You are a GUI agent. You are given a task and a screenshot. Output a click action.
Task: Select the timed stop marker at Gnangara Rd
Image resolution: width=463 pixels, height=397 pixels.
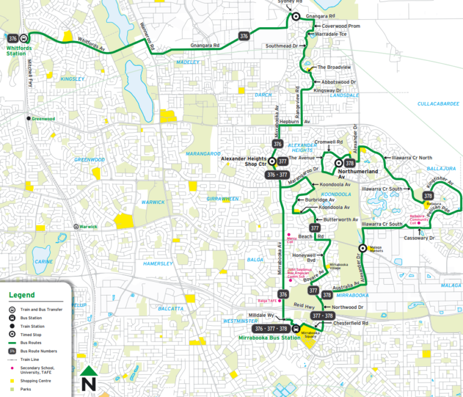pyautogui.click(x=296, y=17)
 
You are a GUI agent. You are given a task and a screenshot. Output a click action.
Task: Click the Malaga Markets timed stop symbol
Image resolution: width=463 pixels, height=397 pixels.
pyautogui.click(x=362, y=248)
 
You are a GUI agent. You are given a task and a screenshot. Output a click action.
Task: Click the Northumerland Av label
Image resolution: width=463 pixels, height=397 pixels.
pyautogui.click(x=357, y=174)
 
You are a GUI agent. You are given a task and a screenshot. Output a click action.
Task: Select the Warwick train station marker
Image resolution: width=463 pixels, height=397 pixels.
pyautogui.click(x=76, y=226)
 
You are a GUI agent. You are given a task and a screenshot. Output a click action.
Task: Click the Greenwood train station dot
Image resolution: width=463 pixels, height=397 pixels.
pyautogui.click(x=28, y=118)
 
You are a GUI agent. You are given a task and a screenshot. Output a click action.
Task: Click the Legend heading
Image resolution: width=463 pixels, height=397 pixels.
pyautogui.click(x=22, y=295)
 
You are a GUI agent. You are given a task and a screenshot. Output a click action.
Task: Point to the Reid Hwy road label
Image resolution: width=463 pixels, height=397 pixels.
pyautogui.click(x=294, y=306)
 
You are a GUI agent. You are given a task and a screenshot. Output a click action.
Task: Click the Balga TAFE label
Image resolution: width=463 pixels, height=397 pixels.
pyautogui.click(x=266, y=300)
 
